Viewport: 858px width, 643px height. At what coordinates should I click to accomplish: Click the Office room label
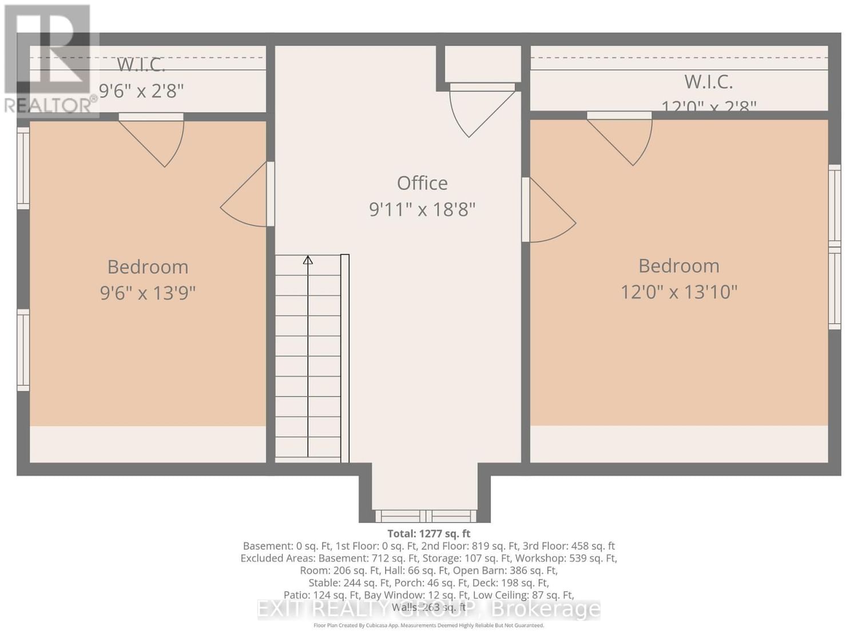coord(422,183)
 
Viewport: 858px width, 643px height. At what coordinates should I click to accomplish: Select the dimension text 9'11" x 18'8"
coord(422,210)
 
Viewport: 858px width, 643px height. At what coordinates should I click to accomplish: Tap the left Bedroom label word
coord(148,267)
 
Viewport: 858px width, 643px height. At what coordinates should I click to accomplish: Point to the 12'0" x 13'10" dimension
coord(679,292)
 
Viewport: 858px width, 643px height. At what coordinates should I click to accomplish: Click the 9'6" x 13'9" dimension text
coord(148,293)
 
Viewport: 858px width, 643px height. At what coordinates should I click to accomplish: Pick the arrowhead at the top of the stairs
coord(308,260)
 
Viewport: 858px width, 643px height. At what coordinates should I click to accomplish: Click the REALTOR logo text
coord(50,105)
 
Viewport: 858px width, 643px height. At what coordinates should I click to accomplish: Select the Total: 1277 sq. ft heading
coord(428,533)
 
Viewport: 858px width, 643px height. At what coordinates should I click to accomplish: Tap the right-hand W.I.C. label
coord(708,82)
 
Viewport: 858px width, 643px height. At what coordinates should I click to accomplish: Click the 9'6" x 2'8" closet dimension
coord(141,91)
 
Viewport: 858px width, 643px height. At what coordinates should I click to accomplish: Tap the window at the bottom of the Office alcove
coord(426,516)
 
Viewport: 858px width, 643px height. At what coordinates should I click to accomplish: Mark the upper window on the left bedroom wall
coord(23,168)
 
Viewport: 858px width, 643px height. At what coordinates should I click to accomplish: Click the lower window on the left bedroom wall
coord(23,350)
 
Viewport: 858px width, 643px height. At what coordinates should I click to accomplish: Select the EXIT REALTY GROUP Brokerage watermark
coord(428,609)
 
